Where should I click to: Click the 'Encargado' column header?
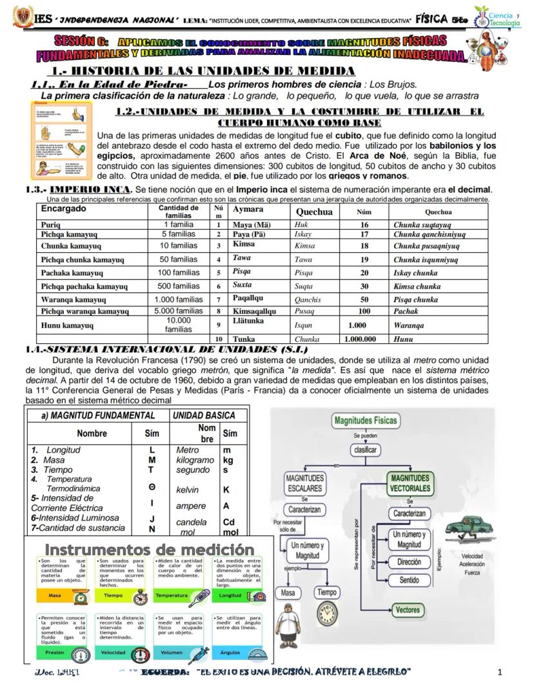click(x=63, y=210)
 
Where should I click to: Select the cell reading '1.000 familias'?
click(x=179, y=299)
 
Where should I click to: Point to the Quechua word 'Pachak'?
click(x=406, y=311)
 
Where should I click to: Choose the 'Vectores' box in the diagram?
click(x=408, y=609)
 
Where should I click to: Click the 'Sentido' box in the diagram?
click(x=410, y=580)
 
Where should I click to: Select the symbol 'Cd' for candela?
click(x=228, y=522)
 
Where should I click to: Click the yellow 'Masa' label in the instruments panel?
click(x=55, y=596)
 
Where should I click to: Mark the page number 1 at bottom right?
click(x=500, y=673)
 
